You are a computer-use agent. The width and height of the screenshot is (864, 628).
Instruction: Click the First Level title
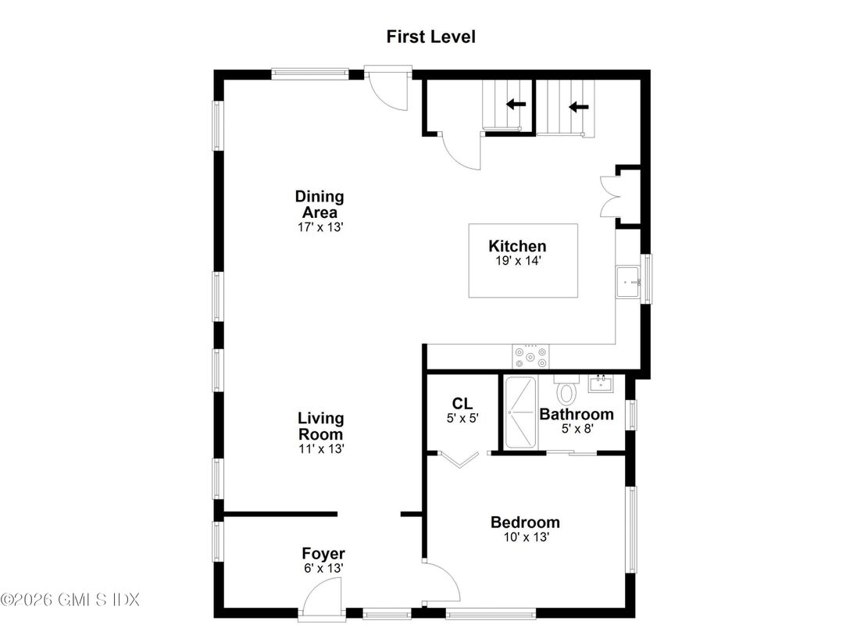coord(431,37)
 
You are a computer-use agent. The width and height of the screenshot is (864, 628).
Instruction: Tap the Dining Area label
coord(319,204)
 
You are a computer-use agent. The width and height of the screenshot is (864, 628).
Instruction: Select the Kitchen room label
coord(517,246)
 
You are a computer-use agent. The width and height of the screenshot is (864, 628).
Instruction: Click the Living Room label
coord(320,426)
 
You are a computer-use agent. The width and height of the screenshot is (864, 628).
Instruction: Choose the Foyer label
coord(323,554)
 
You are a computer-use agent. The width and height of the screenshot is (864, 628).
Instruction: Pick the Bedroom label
coord(525,523)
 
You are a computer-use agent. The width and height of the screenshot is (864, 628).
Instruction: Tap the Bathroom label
coord(577,414)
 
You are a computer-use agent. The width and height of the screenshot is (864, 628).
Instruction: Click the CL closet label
coord(462,403)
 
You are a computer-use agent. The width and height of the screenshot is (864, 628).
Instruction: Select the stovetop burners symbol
coord(531,357)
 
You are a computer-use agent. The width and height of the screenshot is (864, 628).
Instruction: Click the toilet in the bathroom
coord(566,390)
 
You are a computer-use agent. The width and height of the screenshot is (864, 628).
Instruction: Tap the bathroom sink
coord(601,383)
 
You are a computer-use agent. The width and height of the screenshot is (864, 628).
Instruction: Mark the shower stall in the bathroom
coord(520,412)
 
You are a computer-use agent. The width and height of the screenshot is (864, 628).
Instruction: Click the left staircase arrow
coord(516,104)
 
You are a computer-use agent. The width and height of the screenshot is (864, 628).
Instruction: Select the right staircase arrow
coord(578,107)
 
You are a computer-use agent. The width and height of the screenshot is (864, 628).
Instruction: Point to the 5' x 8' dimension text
coord(577,430)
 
